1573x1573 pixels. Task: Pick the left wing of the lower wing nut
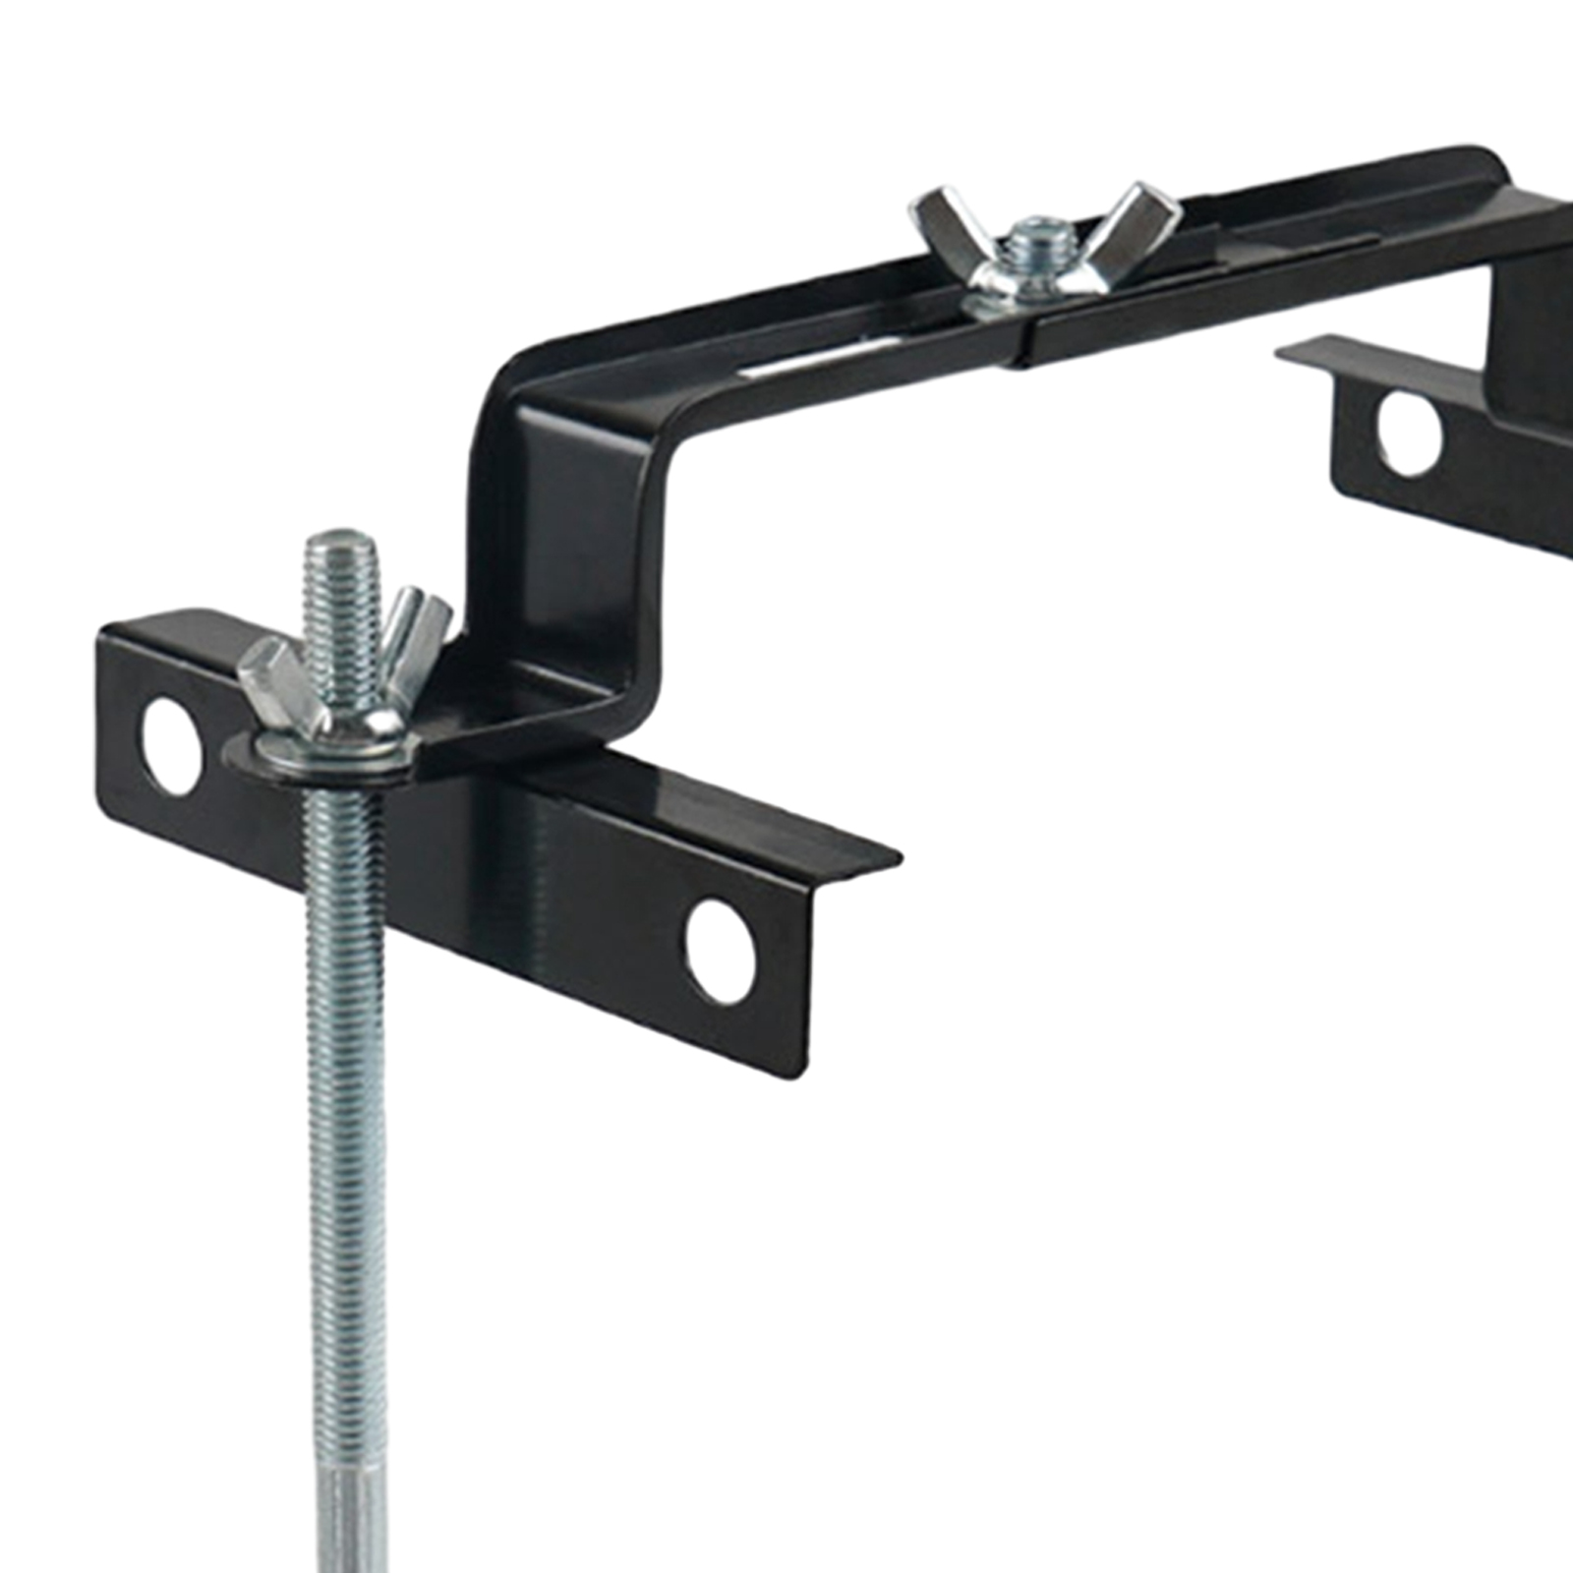pos(275,678)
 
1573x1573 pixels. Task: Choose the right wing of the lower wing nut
pos(418,619)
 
